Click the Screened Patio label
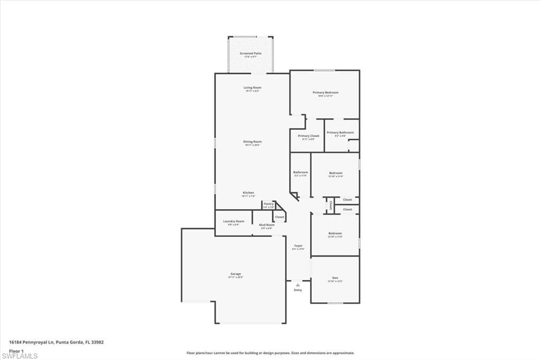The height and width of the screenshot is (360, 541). click(250, 53)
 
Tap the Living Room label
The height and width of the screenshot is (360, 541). click(253, 88)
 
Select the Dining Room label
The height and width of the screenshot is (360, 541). click(253, 141)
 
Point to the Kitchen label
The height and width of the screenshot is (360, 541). click(249, 193)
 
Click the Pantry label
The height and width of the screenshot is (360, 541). click(268, 204)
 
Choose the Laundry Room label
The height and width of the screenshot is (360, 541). click(234, 221)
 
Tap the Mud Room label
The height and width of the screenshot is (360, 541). click(266, 225)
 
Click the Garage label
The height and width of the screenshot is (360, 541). click(236, 274)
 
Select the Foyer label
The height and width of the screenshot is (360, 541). click(298, 245)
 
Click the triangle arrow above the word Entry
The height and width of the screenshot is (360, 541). click(298, 285)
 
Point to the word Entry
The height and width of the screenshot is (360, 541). click(298, 290)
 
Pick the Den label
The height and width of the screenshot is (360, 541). click(335, 278)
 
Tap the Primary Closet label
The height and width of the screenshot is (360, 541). click(309, 136)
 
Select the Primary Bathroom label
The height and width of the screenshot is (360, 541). click(340, 132)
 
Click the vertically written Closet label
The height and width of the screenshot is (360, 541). click(331, 204)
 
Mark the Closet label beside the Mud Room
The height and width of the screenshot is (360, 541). click(279, 217)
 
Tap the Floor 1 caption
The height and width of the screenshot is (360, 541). click(16, 350)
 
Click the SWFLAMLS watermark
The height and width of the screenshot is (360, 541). click(20, 356)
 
